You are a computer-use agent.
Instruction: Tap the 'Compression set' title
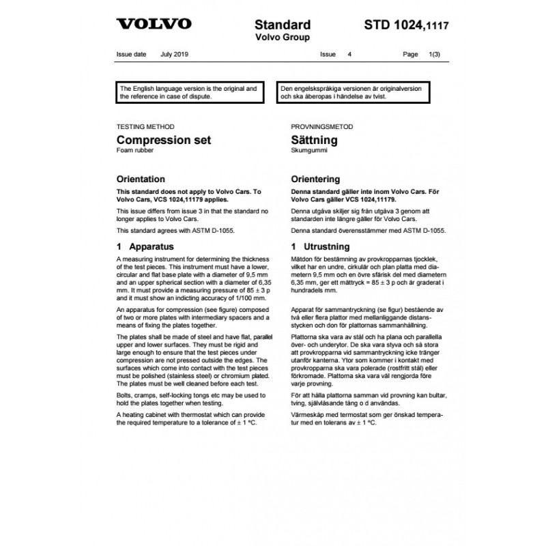coord(164,141)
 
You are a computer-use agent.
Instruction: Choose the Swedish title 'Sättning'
coord(314,141)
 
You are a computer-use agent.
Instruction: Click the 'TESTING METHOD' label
coord(145,128)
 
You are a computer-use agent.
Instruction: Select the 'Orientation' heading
coord(141,179)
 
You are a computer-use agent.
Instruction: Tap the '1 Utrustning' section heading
coord(320,246)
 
